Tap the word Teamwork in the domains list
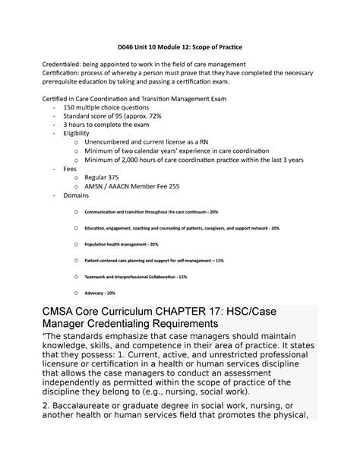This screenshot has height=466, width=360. (99, 276)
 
